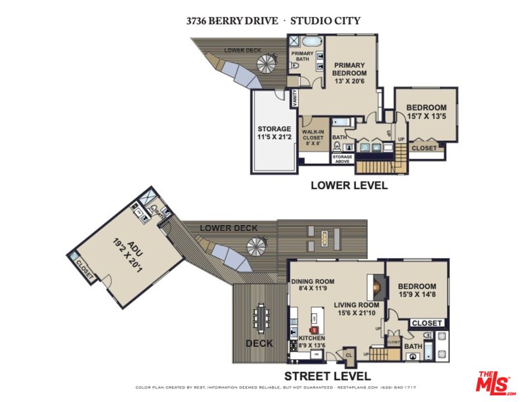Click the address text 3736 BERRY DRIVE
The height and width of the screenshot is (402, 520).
click(x=231, y=21)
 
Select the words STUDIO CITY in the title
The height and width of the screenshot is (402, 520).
click(x=325, y=21)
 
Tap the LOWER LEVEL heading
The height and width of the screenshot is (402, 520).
click(x=349, y=185)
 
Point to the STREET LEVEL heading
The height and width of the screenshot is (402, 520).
click(x=328, y=376)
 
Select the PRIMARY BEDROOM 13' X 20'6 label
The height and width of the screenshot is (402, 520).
click(x=349, y=73)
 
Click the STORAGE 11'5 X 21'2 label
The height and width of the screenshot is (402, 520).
click(x=274, y=133)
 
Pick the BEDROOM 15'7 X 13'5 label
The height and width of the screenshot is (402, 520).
click(x=426, y=112)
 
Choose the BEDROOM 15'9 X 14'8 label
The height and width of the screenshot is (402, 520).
click(x=417, y=290)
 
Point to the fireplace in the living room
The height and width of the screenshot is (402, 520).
click(x=376, y=288)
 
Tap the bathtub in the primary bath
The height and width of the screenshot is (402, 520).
click(x=309, y=42)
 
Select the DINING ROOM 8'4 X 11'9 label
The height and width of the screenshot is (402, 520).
click(x=312, y=285)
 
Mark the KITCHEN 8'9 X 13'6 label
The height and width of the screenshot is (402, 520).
click(x=312, y=342)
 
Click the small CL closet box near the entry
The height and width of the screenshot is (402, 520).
click(x=349, y=354)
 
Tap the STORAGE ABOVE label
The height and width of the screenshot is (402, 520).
click(x=342, y=159)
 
